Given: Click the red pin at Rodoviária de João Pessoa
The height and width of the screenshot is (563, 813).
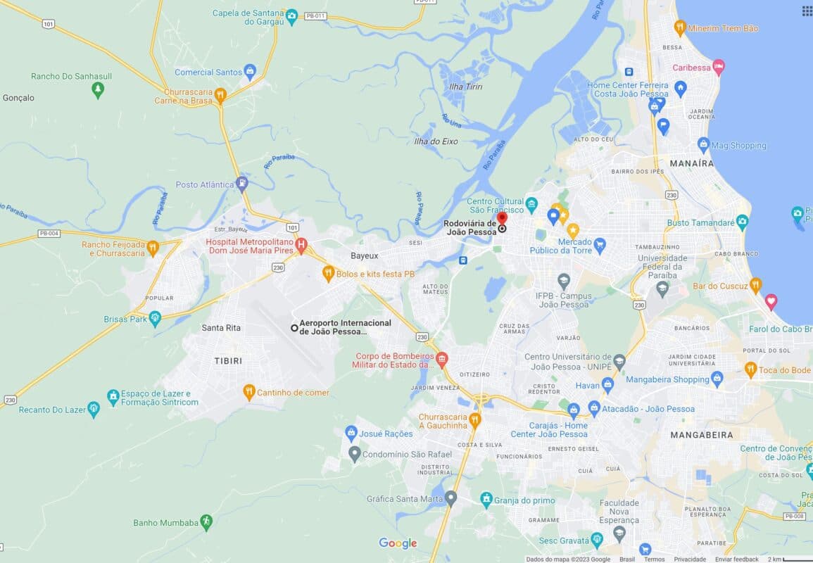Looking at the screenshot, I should pyautogui.click(x=502, y=219).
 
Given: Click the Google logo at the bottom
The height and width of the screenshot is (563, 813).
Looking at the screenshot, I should pyautogui.click(x=398, y=543).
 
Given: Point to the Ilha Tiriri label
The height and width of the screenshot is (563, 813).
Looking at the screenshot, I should pyautogui.click(x=465, y=87).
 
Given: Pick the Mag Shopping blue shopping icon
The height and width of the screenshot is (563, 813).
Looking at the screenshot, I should pyautogui.click(x=703, y=145).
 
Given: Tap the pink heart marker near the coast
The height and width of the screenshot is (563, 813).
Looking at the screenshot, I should pyautogui.click(x=771, y=302).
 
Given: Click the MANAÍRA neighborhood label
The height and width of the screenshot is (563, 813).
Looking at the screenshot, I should pyautogui.click(x=691, y=163).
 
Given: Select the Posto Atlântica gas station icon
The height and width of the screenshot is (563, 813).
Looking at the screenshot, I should pyautogui.click(x=242, y=184).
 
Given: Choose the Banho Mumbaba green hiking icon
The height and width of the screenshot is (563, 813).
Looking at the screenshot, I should pyautogui.click(x=206, y=522).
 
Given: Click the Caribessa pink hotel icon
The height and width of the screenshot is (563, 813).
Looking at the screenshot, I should pyautogui.click(x=718, y=68).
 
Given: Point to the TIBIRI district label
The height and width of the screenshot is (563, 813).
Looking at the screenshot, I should pyautogui.click(x=228, y=361).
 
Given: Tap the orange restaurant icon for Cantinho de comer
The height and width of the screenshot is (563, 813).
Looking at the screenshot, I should pyautogui.click(x=248, y=392).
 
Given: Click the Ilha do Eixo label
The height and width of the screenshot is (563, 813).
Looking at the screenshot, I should pyautogui.click(x=436, y=141).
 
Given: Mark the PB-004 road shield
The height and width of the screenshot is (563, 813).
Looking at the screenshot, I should pyautogui.click(x=49, y=233).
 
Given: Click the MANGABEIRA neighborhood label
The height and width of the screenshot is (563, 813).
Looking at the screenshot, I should pyautogui.click(x=701, y=435).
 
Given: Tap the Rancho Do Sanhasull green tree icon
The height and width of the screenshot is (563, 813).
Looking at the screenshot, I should pyautogui.click(x=98, y=90).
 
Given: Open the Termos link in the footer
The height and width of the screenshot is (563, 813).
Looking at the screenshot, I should pyautogui.click(x=654, y=559).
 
